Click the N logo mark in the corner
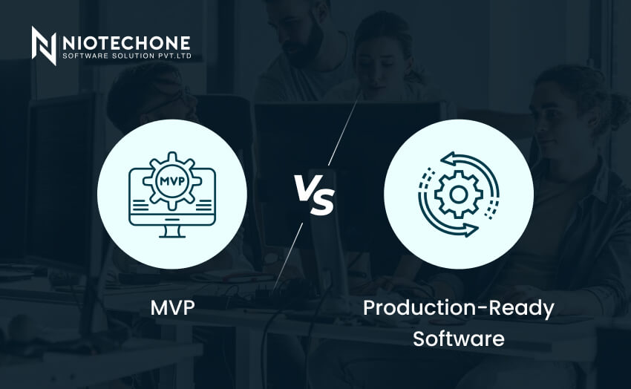(44, 45)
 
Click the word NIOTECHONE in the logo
(126, 43)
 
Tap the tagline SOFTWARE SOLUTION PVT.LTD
(127, 56)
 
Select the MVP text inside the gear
(172, 181)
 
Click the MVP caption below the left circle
(172, 308)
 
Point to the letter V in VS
(305, 188)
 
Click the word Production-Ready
(458, 309)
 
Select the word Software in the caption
(458, 339)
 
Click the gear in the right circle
(458, 194)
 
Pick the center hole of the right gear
(458, 194)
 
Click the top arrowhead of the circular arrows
(448, 159)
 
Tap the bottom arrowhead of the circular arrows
(471, 230)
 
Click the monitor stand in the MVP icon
(172, 232)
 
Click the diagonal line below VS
(289, 255)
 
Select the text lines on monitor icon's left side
(141, 205)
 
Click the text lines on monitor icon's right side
(203, 205)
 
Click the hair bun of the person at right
(612, 107)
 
